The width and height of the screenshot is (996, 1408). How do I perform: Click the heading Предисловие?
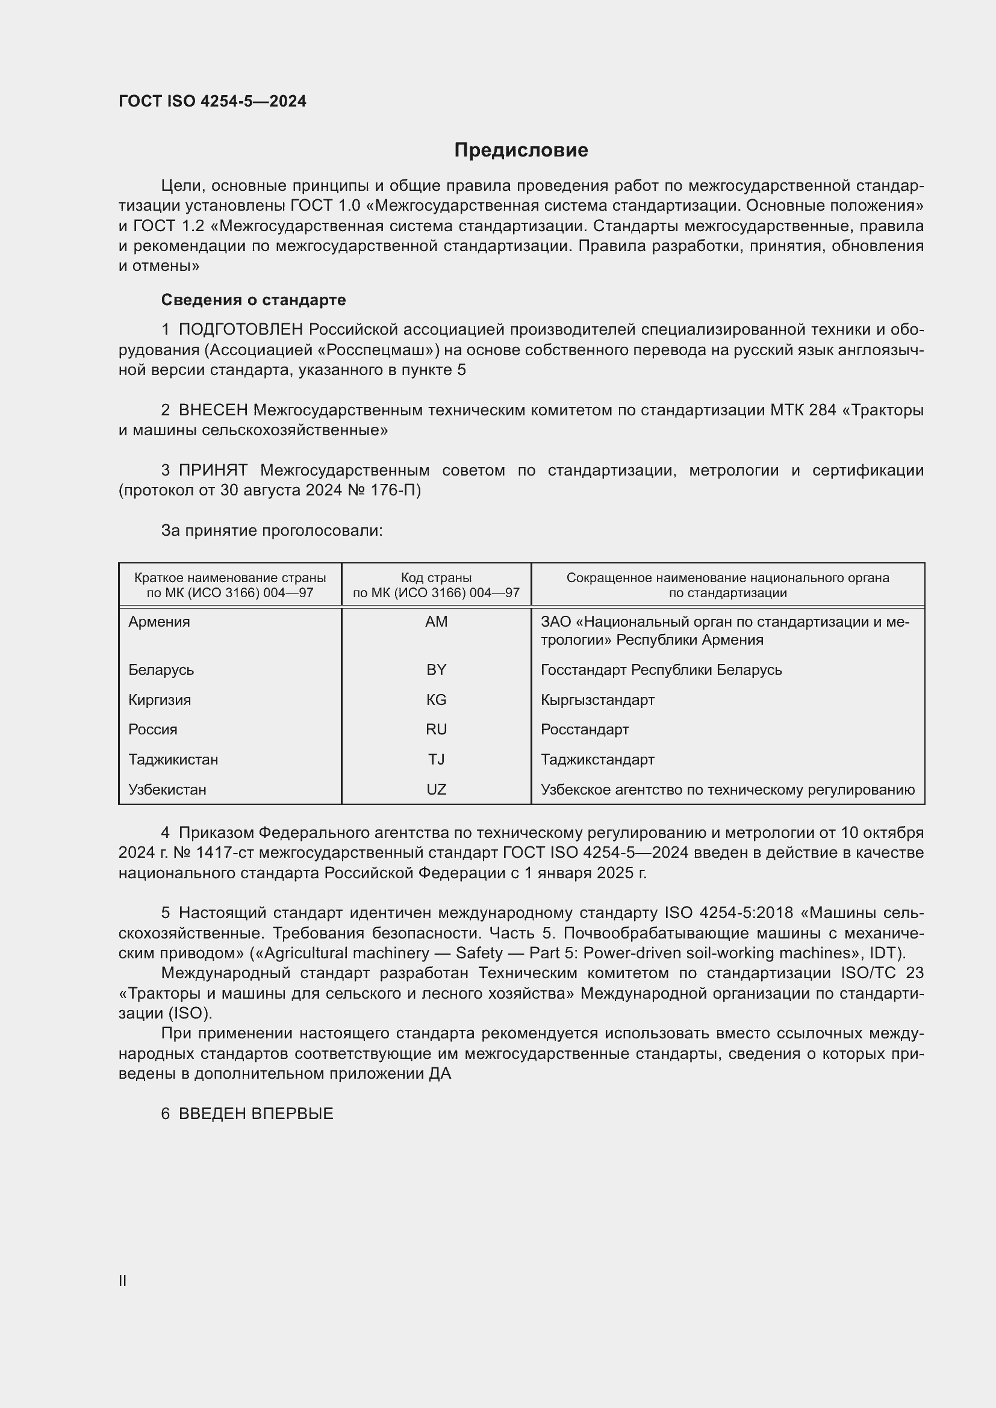point(521,150)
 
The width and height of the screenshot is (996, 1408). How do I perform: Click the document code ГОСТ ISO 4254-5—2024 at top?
point(212,101)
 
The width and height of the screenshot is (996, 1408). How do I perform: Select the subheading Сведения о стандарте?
point(254,300)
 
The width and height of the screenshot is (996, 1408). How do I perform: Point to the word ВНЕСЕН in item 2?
point(213,411)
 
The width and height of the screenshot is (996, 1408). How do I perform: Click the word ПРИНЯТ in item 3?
point(213,470)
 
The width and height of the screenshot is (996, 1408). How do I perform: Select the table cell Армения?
point(159,622)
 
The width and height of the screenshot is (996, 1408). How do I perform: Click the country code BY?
point(436,669)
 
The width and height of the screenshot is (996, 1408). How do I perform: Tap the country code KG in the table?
point(436,699)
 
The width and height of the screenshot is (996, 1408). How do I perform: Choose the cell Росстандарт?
point(585,730)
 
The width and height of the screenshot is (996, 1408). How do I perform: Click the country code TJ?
point(436,760)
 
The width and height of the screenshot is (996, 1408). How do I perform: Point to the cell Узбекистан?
point(167,790)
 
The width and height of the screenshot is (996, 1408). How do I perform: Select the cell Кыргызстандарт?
point(597,699)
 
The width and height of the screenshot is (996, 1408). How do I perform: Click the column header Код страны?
point(436,578)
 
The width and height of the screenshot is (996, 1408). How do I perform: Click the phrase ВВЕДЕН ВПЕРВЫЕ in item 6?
point(256,1114)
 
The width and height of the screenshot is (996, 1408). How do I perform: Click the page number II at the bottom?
point(123,1281)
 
